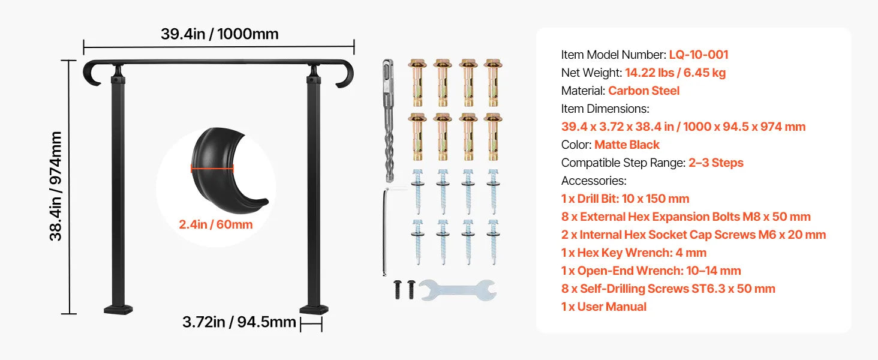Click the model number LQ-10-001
pyautogui.click(x=699, y=55)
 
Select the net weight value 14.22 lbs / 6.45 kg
pyautogui.click(x=675, y=73)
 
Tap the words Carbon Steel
pyautogui.click(x=644, y=91)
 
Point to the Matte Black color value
pyautogui.click(x=627, y=145)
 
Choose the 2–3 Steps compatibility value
pyautogui.click(x=715, y=163)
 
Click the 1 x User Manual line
pyautogui.click(x=603, y=307)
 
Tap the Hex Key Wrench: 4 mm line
pyautogui.click(x=634, y=253)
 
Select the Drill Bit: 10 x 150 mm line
pyautogui.click(x=625, y=199)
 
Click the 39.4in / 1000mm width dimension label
pyautogui.click(x=220, y=34)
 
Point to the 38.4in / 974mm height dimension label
pyautogui.click(x=56, y=186)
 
